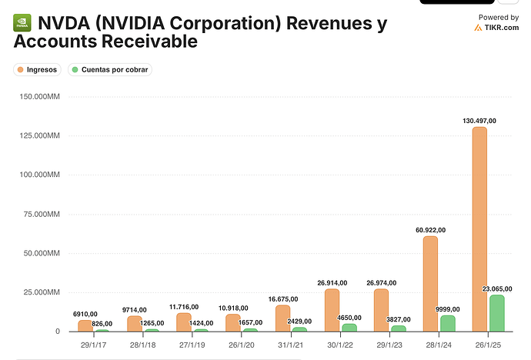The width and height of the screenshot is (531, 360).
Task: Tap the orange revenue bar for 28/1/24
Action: [430, 284]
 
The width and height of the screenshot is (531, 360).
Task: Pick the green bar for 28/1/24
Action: [447, 323]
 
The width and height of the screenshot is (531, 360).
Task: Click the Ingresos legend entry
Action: [38, 69]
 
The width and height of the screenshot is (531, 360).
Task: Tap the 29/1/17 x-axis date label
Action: [93, 346]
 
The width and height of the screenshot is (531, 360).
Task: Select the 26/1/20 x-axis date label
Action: [241, 346]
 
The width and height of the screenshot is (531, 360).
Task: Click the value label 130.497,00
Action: [479, 120]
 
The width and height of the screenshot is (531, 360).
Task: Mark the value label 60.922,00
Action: [429, 229]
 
